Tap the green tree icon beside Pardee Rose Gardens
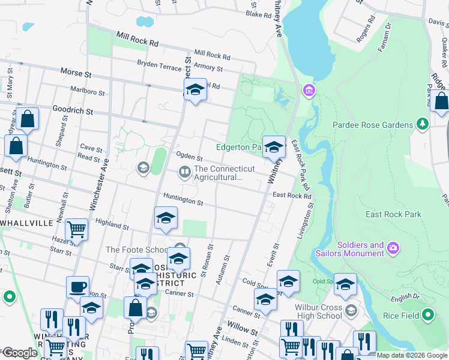423,124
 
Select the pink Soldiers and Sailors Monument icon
393,247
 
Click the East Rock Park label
393,214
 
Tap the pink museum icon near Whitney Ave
309,91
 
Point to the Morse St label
76,72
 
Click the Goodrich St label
72,111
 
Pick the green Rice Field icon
427,314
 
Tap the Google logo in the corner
19,353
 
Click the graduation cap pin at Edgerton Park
274,147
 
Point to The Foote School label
137,250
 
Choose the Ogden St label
188,157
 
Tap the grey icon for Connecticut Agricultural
184,173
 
